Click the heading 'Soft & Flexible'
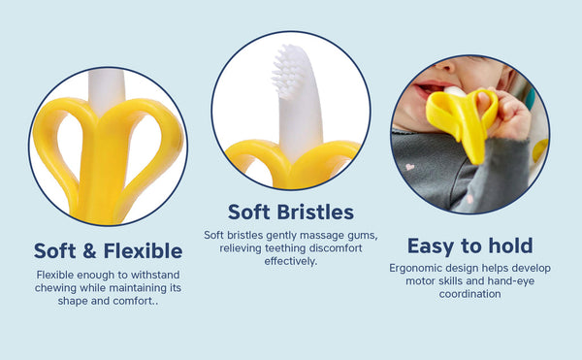tap(108, 250)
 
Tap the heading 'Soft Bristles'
tap(290, 212)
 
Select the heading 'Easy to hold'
tap(469, 245)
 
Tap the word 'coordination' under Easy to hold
tap(469, 294)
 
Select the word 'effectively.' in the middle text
tap(290, 261)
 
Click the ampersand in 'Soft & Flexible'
tap(89, 250)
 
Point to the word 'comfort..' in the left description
tap(135, 302)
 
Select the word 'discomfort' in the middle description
tap(327, 248)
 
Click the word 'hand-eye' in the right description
tap(510, 281)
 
